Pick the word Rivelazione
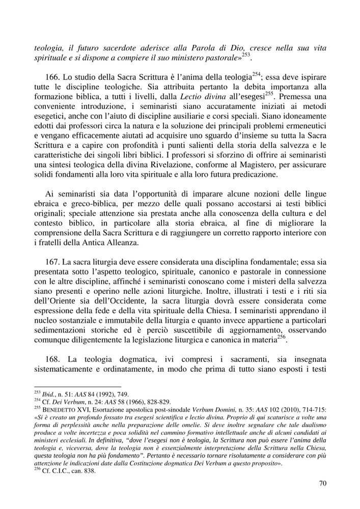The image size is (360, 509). (162, 164)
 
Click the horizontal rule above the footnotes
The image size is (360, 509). (77, 387)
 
